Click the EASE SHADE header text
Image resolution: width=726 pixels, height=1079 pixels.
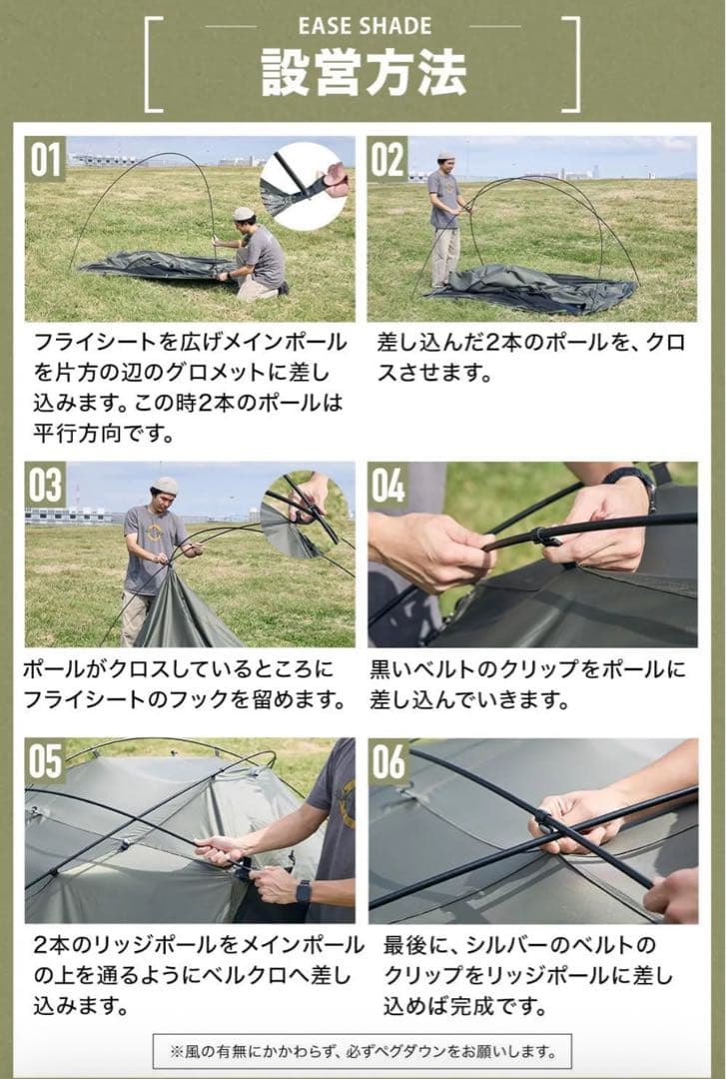coord(364,26)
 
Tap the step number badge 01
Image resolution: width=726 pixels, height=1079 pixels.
coord(46,159)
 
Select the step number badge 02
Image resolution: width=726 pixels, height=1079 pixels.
coord(388,159)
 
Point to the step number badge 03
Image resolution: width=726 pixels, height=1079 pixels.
coord(46,486)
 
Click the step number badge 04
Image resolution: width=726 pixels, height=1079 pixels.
coord(388,486)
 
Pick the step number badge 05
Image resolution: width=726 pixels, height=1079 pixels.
coord(46,761)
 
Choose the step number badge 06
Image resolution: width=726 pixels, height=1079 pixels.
coord(388,761)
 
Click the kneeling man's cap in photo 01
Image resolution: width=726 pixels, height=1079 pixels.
coord(244,213)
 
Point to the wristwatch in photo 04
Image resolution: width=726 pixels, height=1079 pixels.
coord(630,478)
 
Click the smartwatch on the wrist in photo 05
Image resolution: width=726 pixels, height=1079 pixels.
coord(304,891)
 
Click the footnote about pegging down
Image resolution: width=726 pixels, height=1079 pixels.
coord(363,1051)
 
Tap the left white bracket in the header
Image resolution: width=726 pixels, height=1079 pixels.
coord(153,63)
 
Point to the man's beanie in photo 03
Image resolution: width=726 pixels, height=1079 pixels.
coord(166,486)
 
